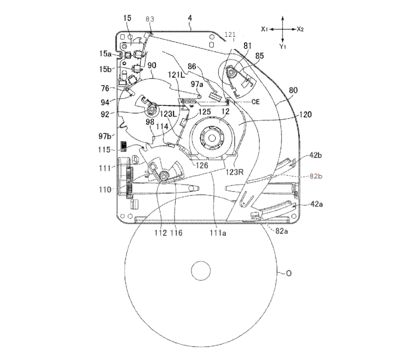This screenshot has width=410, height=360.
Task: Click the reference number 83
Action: click(150, 19)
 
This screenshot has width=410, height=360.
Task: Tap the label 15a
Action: click(105, 54)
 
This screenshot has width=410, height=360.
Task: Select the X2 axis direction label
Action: click(300, 29)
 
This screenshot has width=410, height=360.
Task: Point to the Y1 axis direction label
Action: click(282, 46)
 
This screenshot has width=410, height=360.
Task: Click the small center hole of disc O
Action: click(201, 271)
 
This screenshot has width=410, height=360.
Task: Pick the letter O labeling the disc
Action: click(289, 273)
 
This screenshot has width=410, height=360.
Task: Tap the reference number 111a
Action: click(218, 233)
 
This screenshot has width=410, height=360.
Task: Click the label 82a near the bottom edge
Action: click(281, 231)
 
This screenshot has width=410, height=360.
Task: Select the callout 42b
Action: click(315, 155)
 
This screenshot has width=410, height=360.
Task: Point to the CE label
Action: click(256, 102)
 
